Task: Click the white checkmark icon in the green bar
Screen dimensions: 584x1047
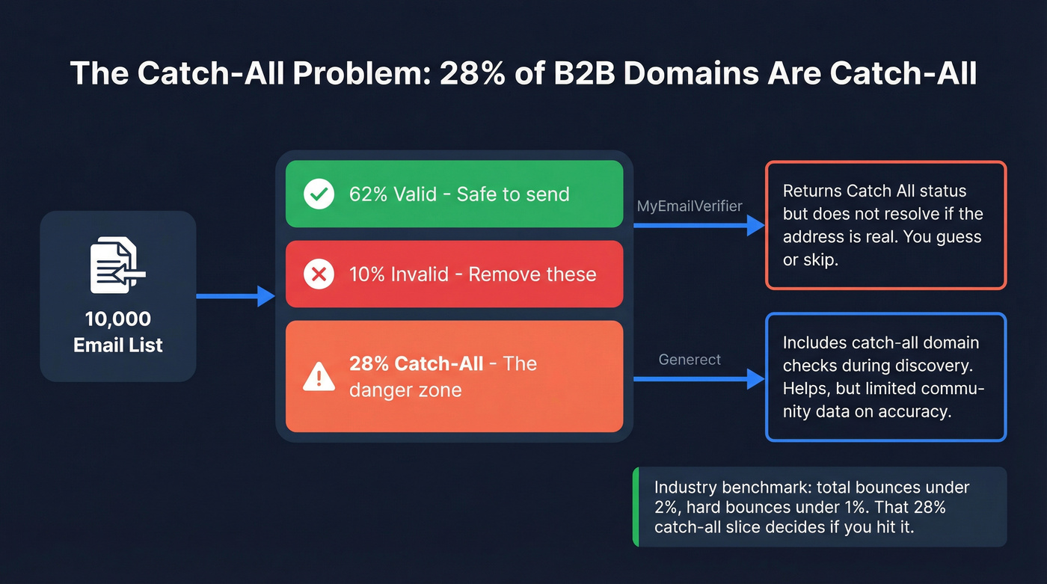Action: click(319, 194)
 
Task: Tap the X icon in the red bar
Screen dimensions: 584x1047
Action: click(319, 274)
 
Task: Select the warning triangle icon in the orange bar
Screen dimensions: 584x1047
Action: click(319, 376)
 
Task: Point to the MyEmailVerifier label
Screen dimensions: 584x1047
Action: click(690, 206)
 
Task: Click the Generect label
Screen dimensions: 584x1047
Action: click(690, 360)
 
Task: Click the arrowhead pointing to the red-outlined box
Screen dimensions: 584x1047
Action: click(756, 225)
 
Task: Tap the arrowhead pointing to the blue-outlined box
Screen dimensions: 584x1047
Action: click(756, 379)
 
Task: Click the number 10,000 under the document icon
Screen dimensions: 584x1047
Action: click(118, 319)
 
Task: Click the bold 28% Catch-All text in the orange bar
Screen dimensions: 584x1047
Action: click(416, 363)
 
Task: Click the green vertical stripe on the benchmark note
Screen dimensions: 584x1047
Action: click(636, 507)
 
